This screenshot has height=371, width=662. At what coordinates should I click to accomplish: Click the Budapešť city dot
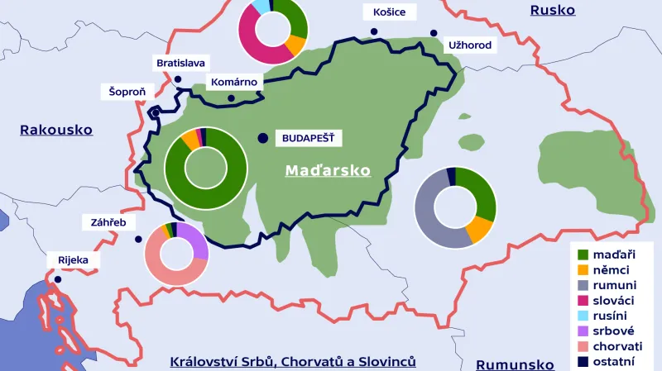[x=263, y=138]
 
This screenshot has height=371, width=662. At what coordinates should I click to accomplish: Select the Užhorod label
[x=469, y=45]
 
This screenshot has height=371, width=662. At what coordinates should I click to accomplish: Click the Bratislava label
[x=181, y=63]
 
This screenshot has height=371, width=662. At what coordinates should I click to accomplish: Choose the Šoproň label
[x=126, y=91]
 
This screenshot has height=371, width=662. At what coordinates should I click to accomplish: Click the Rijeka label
[x=73, y=260]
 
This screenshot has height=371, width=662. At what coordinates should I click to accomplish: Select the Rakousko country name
[x=56, y=130]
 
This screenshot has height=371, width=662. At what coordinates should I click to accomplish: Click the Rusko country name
[x=554, y=10]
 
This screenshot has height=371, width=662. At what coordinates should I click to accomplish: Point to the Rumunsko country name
[x=515, y=364]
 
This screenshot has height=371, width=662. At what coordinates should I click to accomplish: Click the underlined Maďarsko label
[x=328, y=170]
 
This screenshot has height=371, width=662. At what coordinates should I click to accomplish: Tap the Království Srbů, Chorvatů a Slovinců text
[x=292, y=362]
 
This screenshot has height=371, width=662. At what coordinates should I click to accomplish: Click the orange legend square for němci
[x=583, y=270]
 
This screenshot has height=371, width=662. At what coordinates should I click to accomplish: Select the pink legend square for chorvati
[x=583, y=346]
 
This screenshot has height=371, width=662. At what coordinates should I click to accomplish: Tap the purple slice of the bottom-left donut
[x=194, y=239]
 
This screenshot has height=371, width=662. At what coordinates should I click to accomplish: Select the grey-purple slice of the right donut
[x=429, y=219]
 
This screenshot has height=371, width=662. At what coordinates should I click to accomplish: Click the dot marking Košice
[x=374, y=32]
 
